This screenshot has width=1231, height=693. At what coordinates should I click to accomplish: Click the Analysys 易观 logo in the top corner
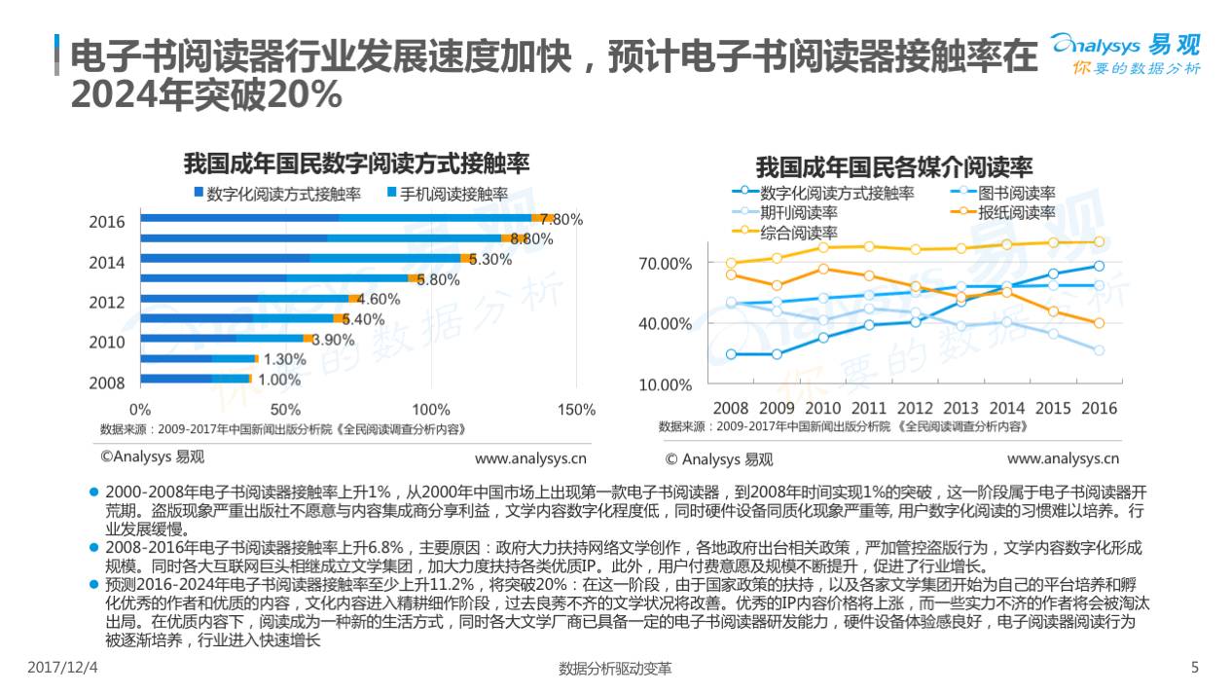click(1126, 54)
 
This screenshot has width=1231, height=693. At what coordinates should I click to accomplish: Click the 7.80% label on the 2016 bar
click(561, 220)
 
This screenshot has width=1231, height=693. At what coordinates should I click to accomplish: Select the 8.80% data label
click(531, 238)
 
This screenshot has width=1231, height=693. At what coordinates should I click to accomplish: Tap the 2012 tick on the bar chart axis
click(107, 303)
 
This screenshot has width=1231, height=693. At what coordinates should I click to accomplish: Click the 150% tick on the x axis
click(578, 409)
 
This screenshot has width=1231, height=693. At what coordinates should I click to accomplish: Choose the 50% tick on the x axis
click(285, 409)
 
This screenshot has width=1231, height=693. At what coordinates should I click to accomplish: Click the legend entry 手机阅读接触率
click(453, 194)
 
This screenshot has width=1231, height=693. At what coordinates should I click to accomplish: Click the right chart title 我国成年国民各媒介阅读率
click(894, 166)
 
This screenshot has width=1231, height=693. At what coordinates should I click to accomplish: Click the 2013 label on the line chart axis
click(961, 408)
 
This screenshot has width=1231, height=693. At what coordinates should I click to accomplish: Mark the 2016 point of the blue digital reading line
click(1099, 266)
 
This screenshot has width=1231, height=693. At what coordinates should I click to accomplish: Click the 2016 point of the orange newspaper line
click(1099, 323)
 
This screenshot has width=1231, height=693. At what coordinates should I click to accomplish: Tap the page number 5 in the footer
click(1196, 668)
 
